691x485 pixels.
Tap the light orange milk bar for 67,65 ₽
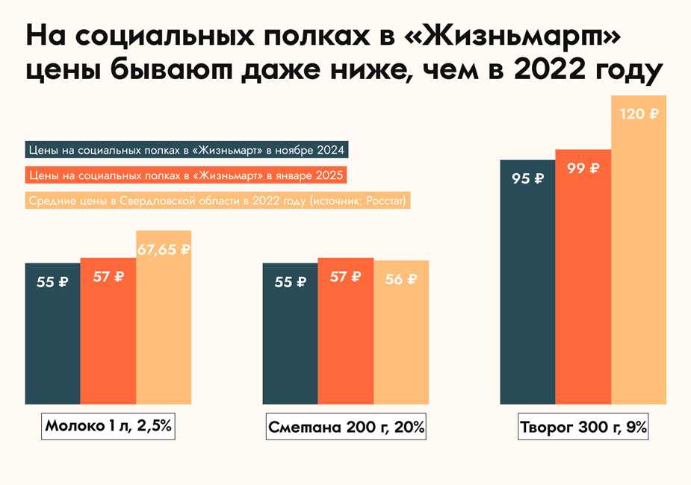(164, 336)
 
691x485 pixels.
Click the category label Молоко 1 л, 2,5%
(109, 427)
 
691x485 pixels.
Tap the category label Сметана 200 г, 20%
(346, 428)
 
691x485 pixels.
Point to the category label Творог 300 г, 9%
(583, 428)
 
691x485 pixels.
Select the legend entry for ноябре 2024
(187, 150)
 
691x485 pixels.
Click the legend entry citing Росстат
(219, 201)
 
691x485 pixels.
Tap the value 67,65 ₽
(164, 250)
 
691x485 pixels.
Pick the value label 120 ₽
(639, 114)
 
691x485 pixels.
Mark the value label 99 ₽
(583, 168)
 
